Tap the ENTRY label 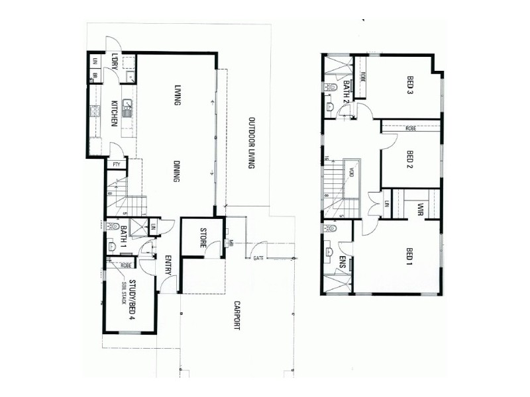click(x=168, y=266)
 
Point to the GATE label click(x=258, y=258)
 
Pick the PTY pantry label click(x=117, y=164)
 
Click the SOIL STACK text click(x=123, y=292)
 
